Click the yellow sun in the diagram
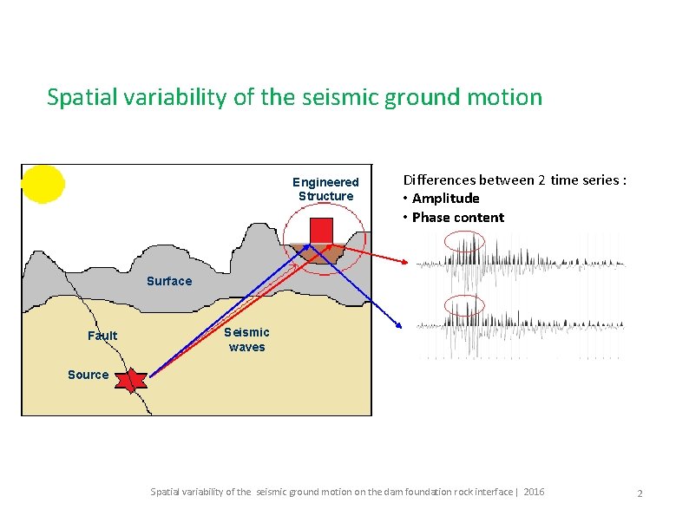(x=43, y=184)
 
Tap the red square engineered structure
(x=322, y=231)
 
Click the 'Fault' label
(x=102, y=336)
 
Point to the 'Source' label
(x=88, y=375)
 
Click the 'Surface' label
(x=169, y=281)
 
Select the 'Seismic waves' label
(x=246, y=340)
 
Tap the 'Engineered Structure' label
(x=325, y=189)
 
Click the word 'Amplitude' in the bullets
(x=445, y=199)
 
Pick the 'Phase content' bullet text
(x=457, y=218)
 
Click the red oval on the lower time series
(x=464, y=306)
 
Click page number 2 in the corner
(x=640, y=493)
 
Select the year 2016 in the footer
(x=534, y=492)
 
